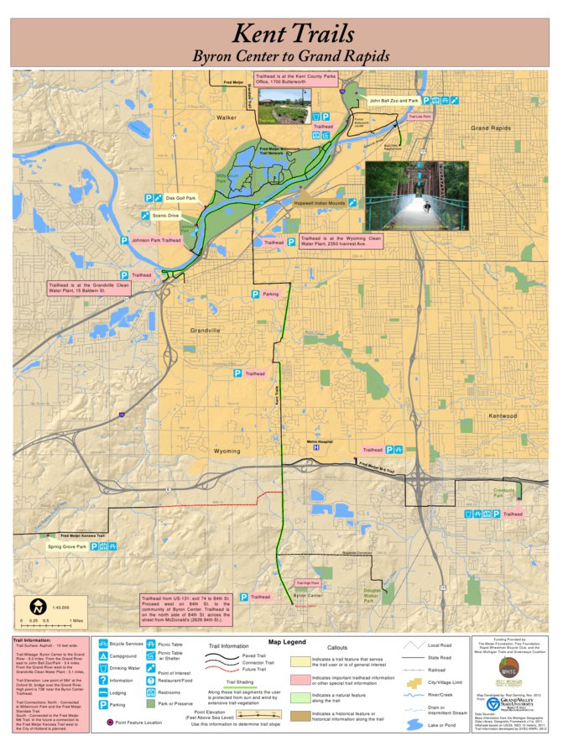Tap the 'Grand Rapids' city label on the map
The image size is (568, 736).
(490, 128)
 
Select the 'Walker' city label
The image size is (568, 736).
(227, 118)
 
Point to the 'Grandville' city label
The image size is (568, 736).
(204, 330)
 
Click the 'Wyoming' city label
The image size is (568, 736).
(227, 451)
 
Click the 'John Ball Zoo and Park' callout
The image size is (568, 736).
(393, 101)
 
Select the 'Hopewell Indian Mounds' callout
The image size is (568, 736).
(320, 203)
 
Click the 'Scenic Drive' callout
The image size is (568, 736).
(166, 216)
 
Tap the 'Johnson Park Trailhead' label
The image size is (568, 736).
(156, 240)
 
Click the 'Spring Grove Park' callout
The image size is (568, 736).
(67, 547)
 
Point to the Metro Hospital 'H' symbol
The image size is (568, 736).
(315, 448)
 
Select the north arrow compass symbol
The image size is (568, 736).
(38, 606)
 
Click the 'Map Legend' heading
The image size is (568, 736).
(287, 642)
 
